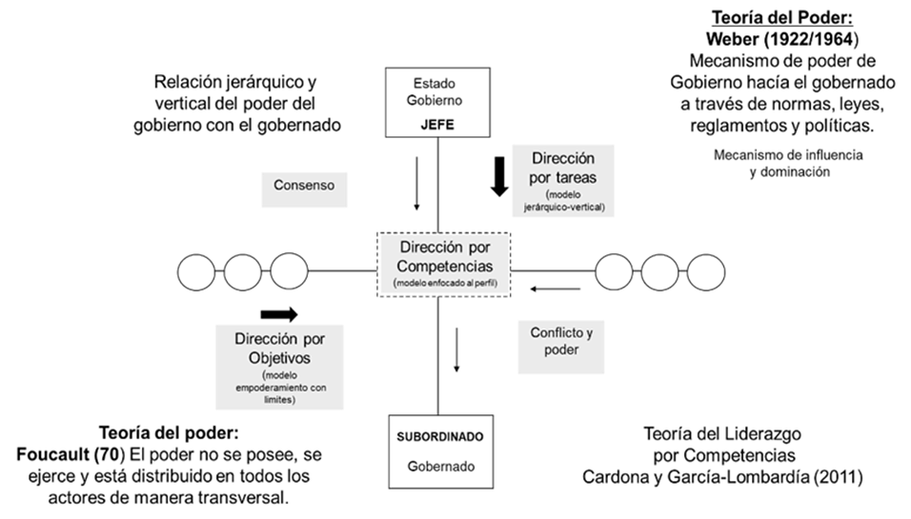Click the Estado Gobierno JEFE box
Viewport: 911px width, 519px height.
[x=437, y=101]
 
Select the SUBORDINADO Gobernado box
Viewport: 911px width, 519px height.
[x=439, y=451]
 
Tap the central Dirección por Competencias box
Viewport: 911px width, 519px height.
[x=443, y=264]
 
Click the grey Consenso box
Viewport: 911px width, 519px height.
[x=304, y=188]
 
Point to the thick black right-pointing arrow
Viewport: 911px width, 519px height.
[x=278, y=314]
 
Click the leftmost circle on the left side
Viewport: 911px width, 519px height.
[x=197, y=273]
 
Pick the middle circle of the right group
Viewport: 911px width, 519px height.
[x=659, y=273]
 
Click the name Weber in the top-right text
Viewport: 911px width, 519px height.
[x=731, y=40]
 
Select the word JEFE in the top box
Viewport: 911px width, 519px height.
[x=437, y=124]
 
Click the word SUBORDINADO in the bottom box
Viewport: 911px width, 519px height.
[x=439, y=436]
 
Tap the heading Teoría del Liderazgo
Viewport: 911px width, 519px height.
[x=721, y=435]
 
